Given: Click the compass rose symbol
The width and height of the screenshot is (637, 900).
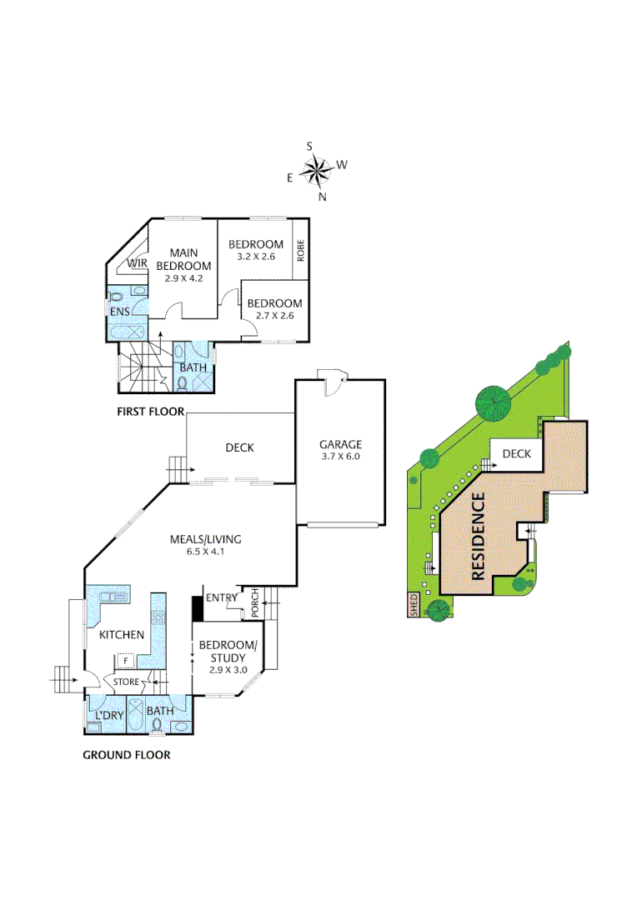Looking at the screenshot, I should pyautogui.click(x=317, y=172).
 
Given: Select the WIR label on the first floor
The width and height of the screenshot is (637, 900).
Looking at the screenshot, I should pyautogui.click(x=138, y=264).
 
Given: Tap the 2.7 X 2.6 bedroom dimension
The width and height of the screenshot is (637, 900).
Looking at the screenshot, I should pyautogui.click(x=273, y=316).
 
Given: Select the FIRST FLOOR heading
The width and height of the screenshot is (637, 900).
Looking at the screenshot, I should pyautogui.click(x=151, y=412).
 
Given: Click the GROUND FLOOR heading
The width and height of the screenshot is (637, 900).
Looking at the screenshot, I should pyautogui.click(x=126, y=755).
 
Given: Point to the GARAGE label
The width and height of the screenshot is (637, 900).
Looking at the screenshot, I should pyautogui.click(x=342, y=444).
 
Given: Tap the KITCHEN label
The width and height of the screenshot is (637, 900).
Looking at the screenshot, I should pyautogui.click(x=122, y=635).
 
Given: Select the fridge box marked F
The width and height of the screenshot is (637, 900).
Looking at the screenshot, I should pyautogui.click(x=125, y=661).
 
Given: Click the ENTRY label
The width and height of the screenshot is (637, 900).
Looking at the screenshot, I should pyautogui.click(x=222, y=597).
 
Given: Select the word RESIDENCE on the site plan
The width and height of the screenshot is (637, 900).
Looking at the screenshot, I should pyautogui.click(x=479, y=535).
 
